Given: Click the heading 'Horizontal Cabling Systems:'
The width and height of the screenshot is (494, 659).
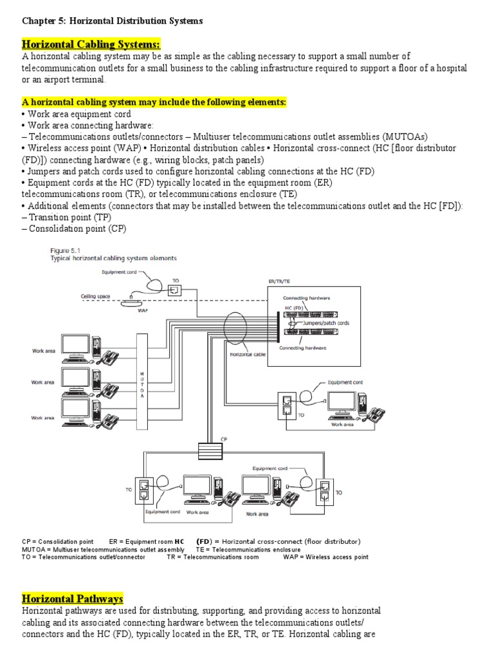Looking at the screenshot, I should click(x=91, y=44).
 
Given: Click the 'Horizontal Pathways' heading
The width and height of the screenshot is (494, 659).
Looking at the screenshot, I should click(x=73, y=599).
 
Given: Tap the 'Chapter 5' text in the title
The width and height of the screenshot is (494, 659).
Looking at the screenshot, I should click(x=44, y=21).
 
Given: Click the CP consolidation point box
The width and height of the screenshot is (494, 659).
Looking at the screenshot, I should click(x=210, y=449).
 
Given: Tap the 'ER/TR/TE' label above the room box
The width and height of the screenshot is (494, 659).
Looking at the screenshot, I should click(x=279, y=281).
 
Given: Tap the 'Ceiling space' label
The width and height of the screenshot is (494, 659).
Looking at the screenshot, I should click(x=95, y=296).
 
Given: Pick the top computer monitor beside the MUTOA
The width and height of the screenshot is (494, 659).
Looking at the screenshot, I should click(x=77, y=345).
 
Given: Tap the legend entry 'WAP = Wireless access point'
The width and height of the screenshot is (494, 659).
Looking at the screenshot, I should click(x=325, y=557).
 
